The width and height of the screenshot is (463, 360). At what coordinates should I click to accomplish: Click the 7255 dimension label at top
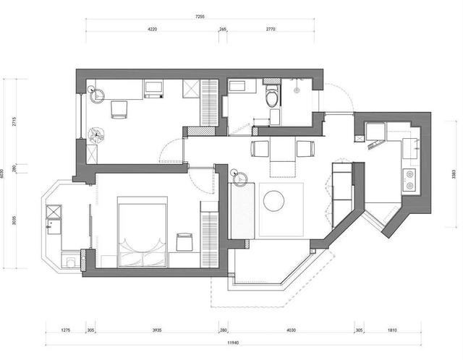[200, 17]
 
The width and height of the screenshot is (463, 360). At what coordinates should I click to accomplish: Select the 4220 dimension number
[152, 29]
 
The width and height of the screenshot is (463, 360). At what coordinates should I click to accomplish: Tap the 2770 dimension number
[271, 29]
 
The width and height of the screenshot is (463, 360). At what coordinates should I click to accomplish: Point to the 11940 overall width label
[233, 343]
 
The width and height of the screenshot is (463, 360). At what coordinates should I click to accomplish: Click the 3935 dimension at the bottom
[157, 330]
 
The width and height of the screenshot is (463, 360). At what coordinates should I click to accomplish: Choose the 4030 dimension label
[291, 330]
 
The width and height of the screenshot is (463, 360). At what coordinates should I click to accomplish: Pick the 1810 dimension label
[392, 330]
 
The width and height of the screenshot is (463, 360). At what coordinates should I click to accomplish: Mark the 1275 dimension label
[66, 330]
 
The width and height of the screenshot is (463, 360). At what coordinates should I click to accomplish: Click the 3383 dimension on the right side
[454, 174]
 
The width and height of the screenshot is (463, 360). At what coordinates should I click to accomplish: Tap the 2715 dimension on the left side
[14, 121]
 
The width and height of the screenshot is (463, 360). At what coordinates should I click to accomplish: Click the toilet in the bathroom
[272, 95]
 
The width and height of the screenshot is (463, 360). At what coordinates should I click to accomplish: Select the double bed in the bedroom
[143, 231]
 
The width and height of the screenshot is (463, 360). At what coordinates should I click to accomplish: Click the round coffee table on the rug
[273, 201]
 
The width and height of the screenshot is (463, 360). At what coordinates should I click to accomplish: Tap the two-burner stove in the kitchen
[409, 180]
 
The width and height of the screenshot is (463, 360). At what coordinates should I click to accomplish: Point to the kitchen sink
[410, 148]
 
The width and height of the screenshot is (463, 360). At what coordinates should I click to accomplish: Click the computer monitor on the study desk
[153, 88]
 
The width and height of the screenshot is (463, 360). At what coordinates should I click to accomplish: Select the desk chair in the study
[119, 109]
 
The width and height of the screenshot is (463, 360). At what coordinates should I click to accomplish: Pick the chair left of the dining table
[260, 148]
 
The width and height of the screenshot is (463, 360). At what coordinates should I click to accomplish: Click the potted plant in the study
[96, 135]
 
